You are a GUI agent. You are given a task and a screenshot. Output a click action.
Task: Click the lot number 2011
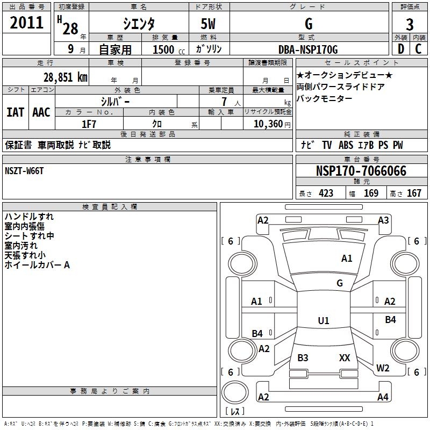click(x=27, y=23)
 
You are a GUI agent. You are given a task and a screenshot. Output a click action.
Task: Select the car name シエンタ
click(x=138, y=24)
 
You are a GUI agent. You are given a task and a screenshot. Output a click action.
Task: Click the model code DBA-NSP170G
click(x=308, y=49)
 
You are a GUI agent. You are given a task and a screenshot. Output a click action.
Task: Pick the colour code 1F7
click(x=89, y=124)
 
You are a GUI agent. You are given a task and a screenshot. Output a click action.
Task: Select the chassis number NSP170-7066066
click(x=361, y=171)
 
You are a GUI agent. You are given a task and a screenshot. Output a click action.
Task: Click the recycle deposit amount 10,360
click(x=267, y=124)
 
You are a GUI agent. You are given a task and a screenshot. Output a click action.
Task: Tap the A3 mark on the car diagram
click(x=383, y=220)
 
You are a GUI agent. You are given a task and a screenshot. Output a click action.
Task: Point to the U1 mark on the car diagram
click(x=324, y=321)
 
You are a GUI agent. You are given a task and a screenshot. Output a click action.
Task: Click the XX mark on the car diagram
click(x=345, y=357)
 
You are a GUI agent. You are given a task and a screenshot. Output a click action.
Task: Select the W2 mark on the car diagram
click(x=383, y=368)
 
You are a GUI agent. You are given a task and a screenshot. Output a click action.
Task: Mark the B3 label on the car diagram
click(x=303, y=357)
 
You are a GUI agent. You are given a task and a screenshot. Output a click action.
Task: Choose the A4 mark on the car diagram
click(x=383, y=397)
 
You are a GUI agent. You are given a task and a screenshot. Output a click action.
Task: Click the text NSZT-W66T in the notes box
click(x=24, y=170)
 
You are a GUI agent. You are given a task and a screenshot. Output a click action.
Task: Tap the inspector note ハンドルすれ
click(x=29, y=217)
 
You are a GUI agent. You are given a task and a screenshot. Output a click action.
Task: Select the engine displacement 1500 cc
click(x=167, y=49)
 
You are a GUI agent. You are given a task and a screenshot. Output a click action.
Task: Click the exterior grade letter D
click(x=400, y=49)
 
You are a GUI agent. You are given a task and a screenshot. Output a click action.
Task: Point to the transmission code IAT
click(x=15, y=112)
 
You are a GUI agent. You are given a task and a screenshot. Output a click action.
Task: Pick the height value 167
click(x=414, y=193)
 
